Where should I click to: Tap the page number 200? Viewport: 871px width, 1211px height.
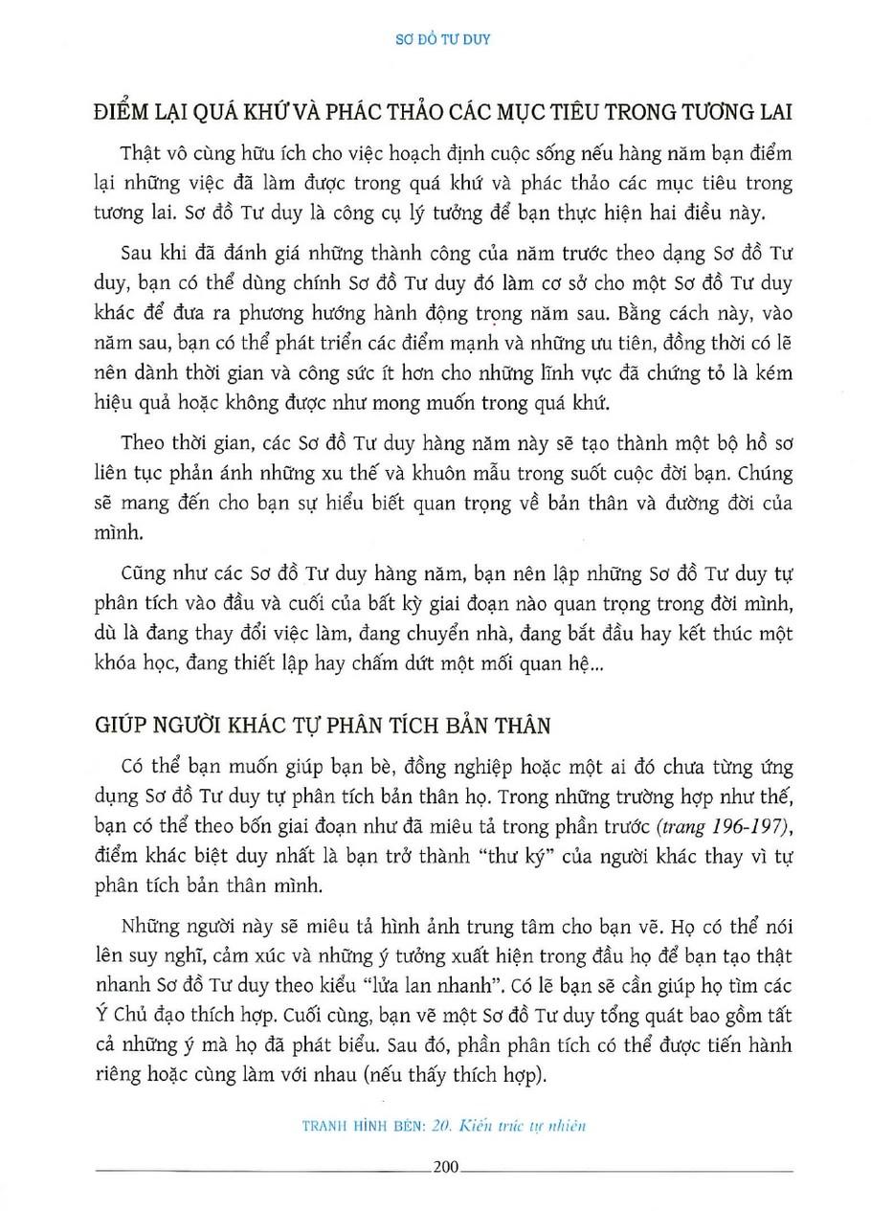click(447, 1167)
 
